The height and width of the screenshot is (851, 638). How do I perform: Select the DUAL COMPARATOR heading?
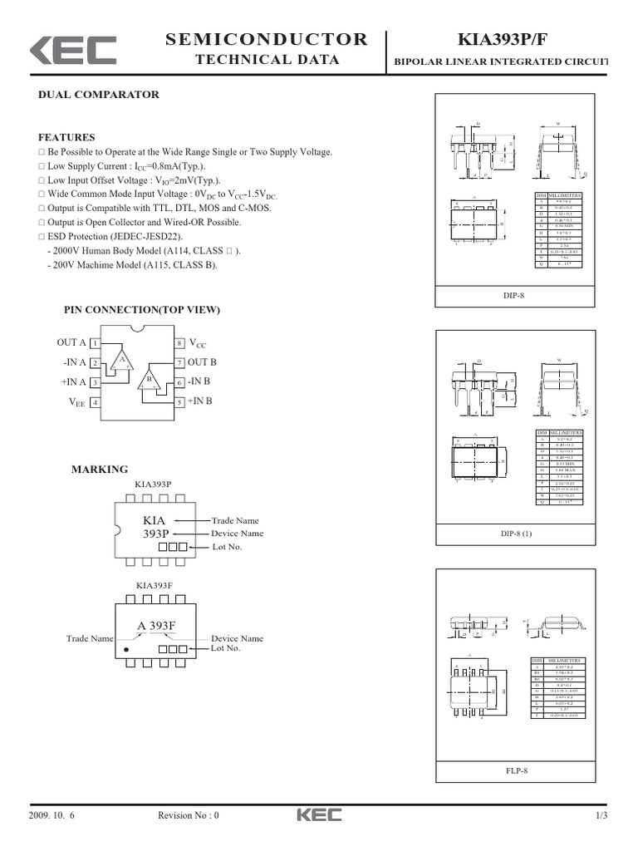click(x=99, y=95)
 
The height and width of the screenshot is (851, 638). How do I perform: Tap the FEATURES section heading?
click(x=67, y=137)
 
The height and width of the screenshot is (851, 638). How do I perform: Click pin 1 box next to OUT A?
click(x=96, y=343)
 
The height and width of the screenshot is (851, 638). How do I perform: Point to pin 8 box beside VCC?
click(x=179, y=343)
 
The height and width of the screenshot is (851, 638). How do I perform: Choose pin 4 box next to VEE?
click(x=96, y=402)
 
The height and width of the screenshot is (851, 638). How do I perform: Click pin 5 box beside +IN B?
click(x=179, y=402)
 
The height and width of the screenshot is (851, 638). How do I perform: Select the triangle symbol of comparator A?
click(x=123, y=360)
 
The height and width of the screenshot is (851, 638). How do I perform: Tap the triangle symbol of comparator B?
click(x=151, y=380)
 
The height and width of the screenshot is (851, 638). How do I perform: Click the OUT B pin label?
click(x=202, y=362)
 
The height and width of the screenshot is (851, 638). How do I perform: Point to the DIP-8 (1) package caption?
click(x=516, y=532)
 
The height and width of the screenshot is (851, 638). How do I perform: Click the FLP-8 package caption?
click(x=516, y=770)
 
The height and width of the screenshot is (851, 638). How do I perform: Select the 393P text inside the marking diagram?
click(x=155, y=534)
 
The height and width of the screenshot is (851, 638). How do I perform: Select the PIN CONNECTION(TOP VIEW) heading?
click(x=142, y=310)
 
